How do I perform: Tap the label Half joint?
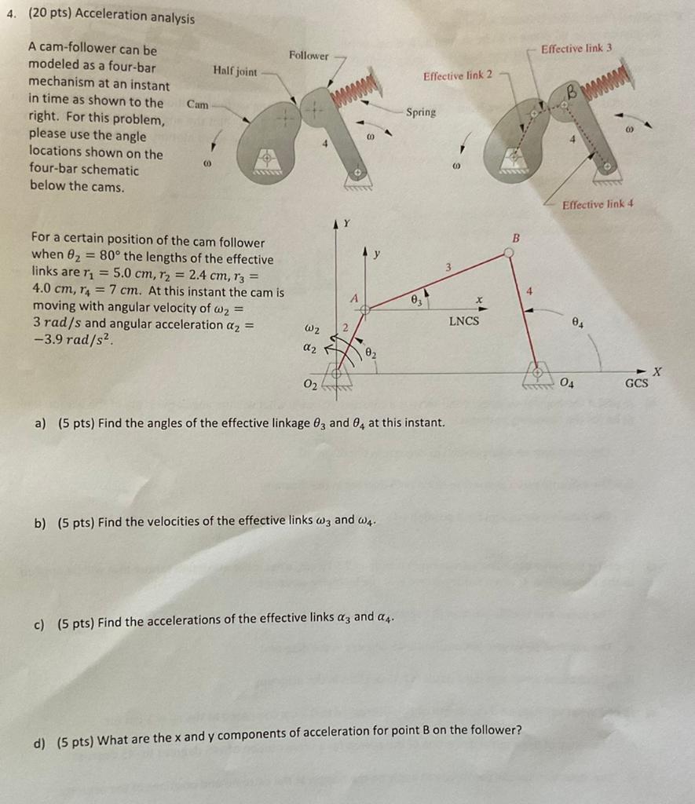pos(235,71)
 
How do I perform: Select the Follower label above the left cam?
pos(309,56)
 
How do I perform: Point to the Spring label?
pos(421,112)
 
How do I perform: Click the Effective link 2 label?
pos(458,75)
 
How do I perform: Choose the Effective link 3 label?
pos(576,49)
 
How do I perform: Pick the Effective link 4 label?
pos(598,205)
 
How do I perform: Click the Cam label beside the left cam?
pos(197,104)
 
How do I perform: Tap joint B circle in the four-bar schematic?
pos(509,252)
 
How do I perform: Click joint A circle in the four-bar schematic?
pos(364,309)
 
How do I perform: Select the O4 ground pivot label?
pos(567,383)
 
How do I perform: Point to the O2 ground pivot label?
pos(310,384)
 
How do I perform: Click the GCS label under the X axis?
pos(636,384)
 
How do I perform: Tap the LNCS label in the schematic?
pos(463,321)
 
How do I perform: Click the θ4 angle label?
pos(577,323)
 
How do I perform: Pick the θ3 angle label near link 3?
pos(418,300)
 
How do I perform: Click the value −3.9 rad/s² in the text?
pos(72,340)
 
